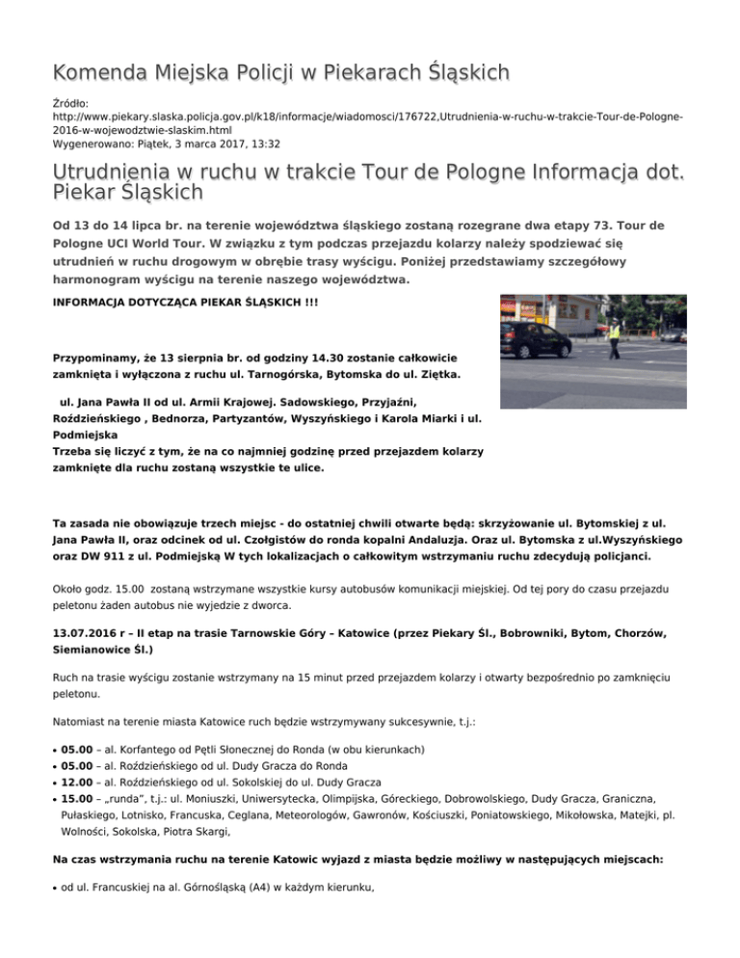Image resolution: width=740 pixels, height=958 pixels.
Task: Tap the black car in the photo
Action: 533,339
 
